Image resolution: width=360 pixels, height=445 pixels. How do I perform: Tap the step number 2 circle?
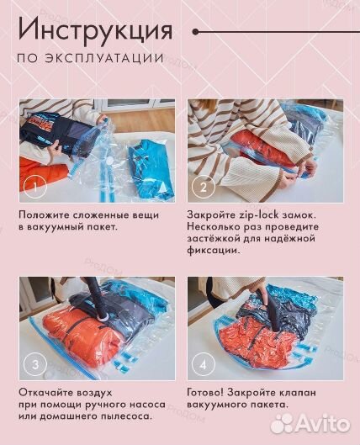pyautogui.click(x=203, y=186)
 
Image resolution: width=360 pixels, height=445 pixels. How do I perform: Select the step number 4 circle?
pyautogui.click(x=203, y=364)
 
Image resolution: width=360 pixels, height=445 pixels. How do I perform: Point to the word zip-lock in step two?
pyautogui.click(x=253, y=215)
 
